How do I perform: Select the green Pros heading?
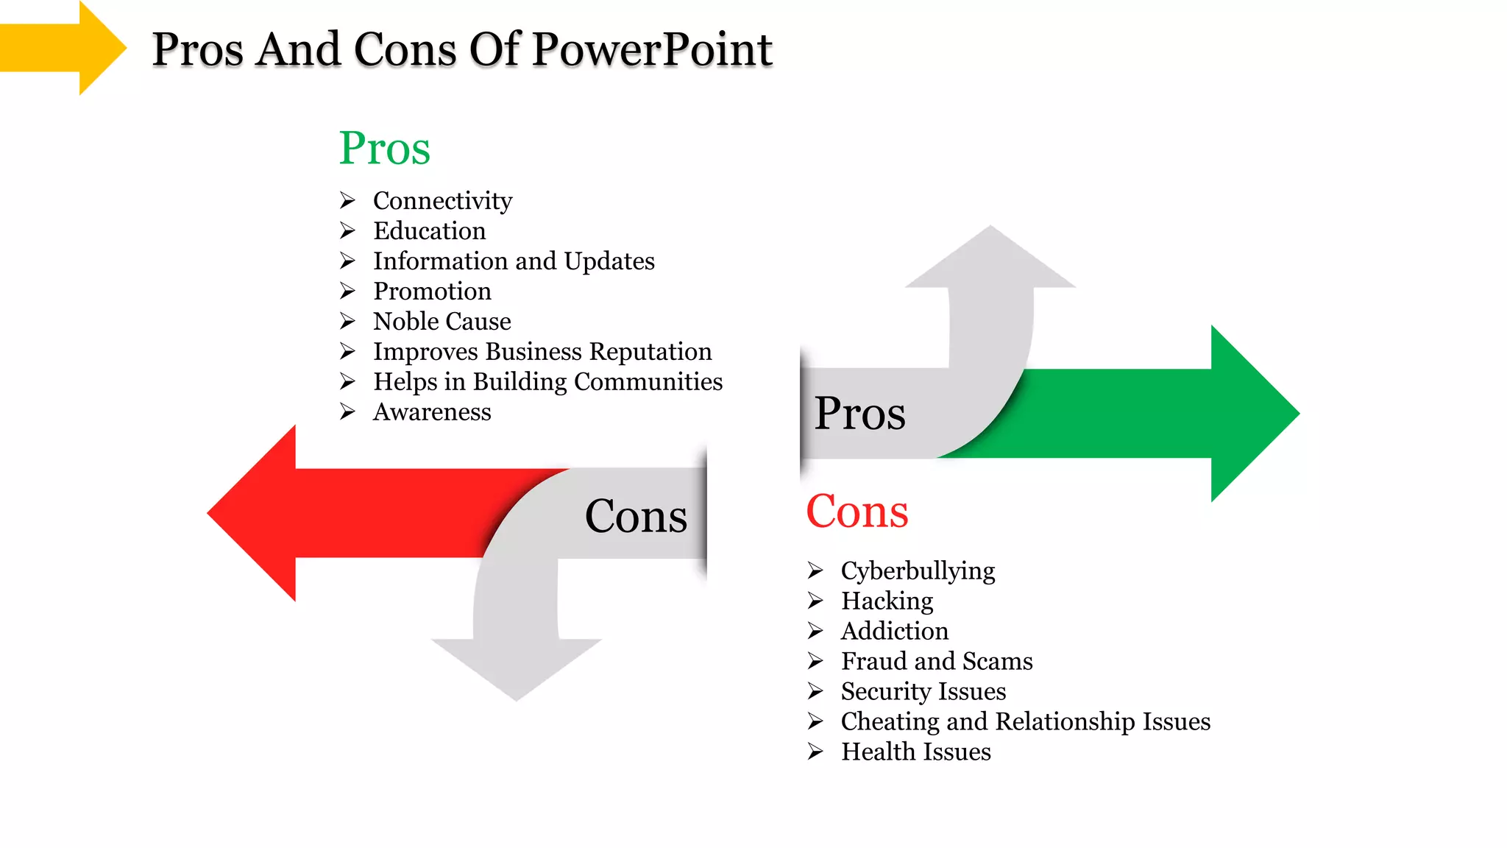point(384,148)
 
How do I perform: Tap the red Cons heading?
point(857,511)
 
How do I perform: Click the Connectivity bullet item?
point(442,201)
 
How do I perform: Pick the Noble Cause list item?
point(442,322)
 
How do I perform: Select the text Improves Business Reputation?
point(542,352)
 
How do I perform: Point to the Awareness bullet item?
point(432,412)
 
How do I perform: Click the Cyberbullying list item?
point(918,571)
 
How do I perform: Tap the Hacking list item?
point(887,601)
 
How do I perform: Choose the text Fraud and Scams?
point(937,662)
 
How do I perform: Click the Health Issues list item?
point(915,752)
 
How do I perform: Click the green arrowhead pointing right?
point(1251,414)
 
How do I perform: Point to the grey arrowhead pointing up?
point(990,261)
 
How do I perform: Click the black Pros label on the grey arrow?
point(859,414)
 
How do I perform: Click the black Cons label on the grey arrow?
point(636,516)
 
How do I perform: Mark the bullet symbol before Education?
point(348,231)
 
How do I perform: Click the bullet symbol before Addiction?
point(815,631)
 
